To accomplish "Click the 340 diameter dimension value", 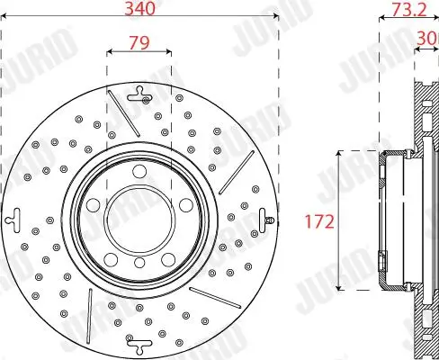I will (x=139, y=11).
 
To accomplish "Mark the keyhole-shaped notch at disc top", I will (x=139, y=92).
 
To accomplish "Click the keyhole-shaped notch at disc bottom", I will (x=139, y=342).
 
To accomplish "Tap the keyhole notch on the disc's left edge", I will (x=14, y=217).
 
